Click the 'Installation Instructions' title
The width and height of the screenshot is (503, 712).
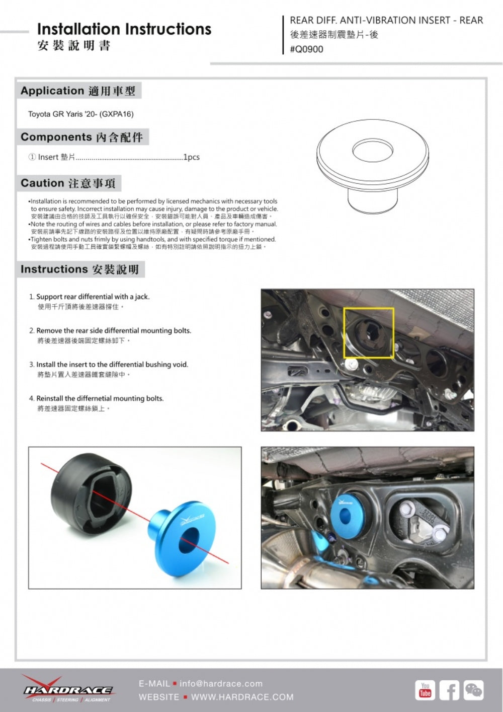[124, 29]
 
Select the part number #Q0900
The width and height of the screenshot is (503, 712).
[306, 49]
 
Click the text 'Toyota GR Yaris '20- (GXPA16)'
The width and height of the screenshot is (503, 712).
[80, 114]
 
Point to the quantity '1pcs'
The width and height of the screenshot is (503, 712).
[191, 157]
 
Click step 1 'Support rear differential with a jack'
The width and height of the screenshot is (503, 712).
[93, 297]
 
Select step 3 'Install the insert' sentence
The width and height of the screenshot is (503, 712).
[112, 365]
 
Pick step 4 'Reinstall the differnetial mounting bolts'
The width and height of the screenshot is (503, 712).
[100, 398]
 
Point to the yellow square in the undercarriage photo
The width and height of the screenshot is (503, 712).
[368, 333]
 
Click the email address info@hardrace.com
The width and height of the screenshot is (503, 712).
[221, 684]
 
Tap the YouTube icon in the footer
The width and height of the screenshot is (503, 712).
[425, 690]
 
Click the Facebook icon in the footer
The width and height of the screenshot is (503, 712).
[449, 690]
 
